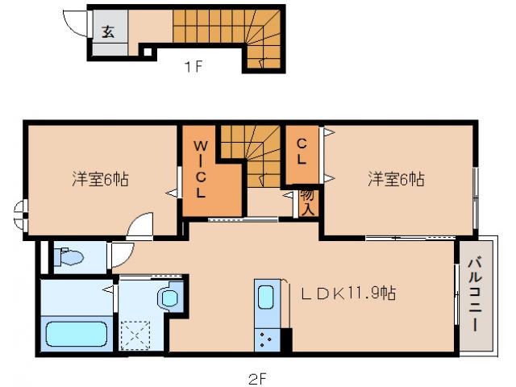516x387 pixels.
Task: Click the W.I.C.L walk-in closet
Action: (201, 169)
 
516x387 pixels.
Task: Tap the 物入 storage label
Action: (307, 201)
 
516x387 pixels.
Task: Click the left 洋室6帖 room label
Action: (100, 178)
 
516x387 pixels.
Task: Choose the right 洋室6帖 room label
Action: (397, 179)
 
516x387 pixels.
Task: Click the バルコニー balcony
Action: (475, 293)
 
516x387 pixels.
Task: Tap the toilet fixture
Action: (69, 258)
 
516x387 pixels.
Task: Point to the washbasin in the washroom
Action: (171, 298)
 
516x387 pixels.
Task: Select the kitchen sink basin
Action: (267, 298)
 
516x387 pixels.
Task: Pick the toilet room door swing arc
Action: (121, 256)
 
